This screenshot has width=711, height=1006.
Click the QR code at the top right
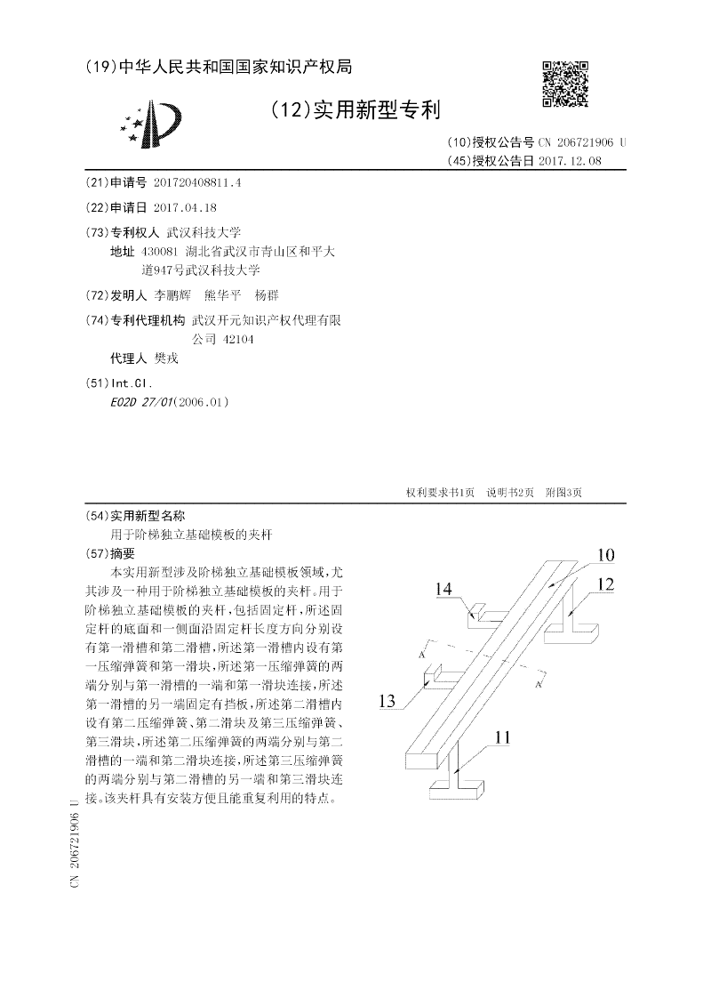[x=565, y=84]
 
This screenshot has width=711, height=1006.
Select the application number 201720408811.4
[x=197, y=182]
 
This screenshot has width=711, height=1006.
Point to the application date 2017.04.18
[x=185, y=207]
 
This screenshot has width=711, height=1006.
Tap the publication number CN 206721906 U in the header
[x=582, y=142]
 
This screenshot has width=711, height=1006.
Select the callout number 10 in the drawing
[x=604, y=556]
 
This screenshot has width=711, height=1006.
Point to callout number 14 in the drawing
[x=444, y=588]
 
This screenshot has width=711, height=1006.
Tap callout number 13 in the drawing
[x=387, y=702]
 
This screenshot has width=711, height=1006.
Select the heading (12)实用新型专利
[x=355, y=110]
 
